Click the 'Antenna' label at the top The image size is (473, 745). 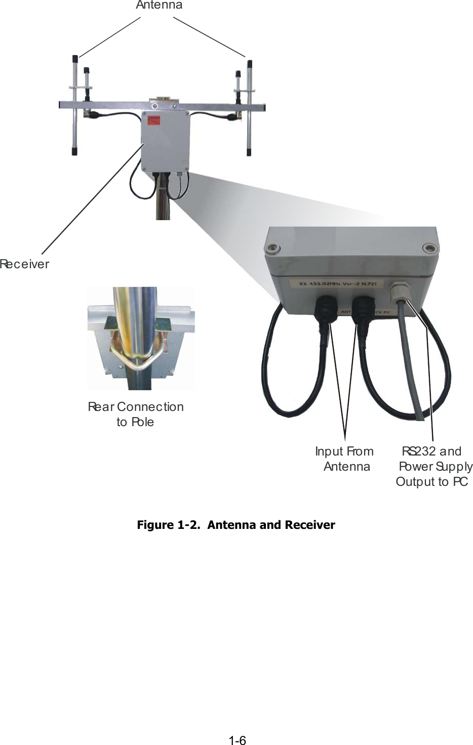[x=159, y=6]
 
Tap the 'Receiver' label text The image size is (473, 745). [x=24, y=264]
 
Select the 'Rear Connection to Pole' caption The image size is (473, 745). [x=135, y=414]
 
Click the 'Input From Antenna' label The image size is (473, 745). [x=345, y=459]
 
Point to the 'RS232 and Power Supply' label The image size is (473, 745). [x=434, y=460]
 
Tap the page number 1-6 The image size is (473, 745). [x=237, y=740]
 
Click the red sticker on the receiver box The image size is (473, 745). [x=153, y=120]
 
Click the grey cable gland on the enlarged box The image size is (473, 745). [x=400, y=291]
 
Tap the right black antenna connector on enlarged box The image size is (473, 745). [x=363, y=308]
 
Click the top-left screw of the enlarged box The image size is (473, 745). [x=272, y=248]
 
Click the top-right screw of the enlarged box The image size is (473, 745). [x=429, y=247]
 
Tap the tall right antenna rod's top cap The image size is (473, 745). [x=249, y=63]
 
